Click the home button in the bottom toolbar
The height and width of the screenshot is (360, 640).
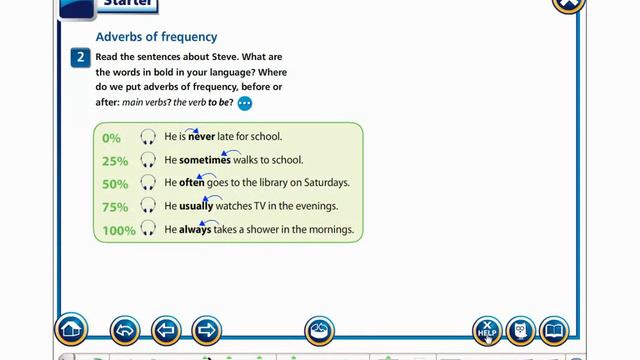(71, 329)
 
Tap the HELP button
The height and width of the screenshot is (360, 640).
(487, 330)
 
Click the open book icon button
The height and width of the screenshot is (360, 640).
(553, 330)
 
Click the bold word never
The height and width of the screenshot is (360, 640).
(202, 137)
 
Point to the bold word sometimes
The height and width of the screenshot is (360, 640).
(205, 160)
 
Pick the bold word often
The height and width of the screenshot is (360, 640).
(192, 183)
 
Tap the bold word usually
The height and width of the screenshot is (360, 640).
(196, 206)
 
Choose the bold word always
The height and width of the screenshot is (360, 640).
(194, 229)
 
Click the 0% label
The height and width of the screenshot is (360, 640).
(111, 138)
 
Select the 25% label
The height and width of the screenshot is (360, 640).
(115, 161)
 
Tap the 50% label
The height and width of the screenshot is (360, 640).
(115, 184)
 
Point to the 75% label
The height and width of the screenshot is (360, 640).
(115, 207)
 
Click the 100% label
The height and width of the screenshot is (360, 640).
(118, 230)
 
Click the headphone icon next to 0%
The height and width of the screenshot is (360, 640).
(148, 138)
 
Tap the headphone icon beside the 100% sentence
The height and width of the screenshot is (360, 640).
(148, 230)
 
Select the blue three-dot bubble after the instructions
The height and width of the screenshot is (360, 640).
(245, 103)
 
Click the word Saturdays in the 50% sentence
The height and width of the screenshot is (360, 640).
(326, 183)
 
